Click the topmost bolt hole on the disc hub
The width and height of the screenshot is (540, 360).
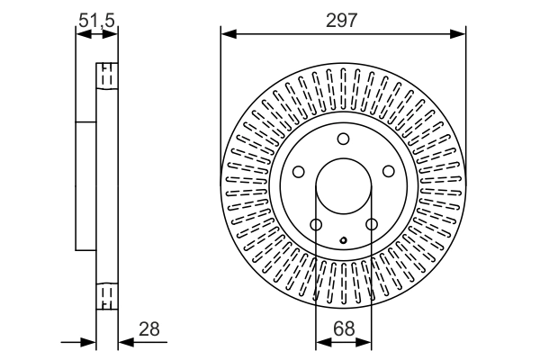(343, 139)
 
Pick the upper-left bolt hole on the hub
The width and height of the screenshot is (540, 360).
(298, 172)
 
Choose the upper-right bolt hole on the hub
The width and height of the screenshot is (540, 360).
(388, 172)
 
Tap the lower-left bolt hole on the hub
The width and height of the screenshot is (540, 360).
(315, 225)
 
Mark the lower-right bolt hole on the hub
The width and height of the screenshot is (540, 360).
(371, 225)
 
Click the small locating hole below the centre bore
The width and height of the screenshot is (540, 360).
(344, 239)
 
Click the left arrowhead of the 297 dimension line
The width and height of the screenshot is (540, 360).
(227, 34)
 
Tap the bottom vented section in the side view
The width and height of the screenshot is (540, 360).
(106, 295)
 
